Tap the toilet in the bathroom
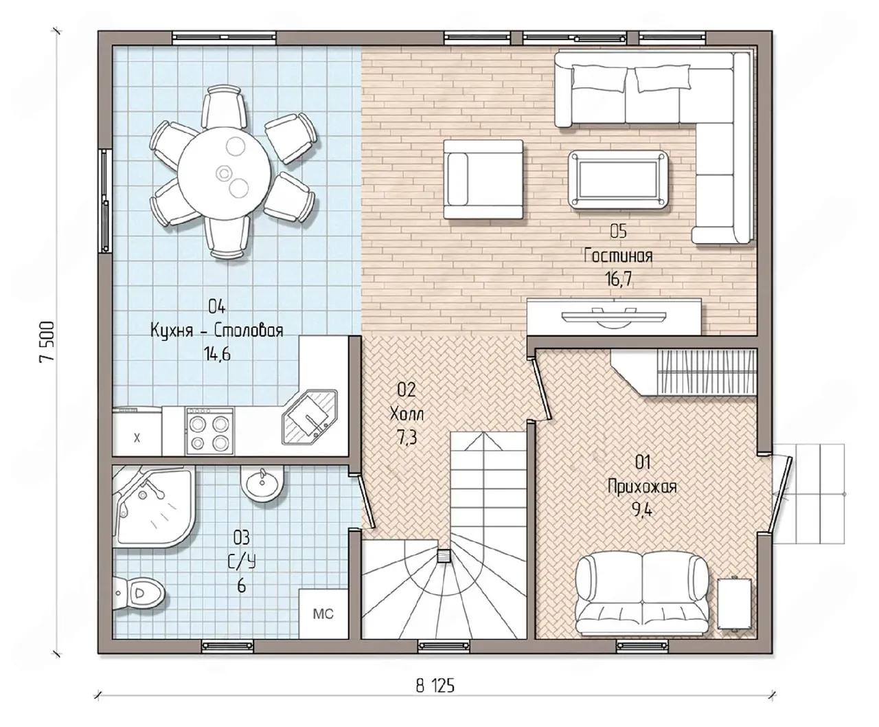coord(138,592)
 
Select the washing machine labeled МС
coord(323,614)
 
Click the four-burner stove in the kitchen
coord(209,430)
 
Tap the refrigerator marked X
coord(137,434)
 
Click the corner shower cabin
coord(153,506)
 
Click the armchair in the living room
coord(483,179)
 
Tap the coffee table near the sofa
coord(617,180)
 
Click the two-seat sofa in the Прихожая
coord(642,595)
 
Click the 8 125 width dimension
coord(435,686)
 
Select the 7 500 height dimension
coord(47,342)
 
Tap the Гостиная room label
coord(618,256)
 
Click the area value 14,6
coord(217,355)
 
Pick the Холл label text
coord(407,414)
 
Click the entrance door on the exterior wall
coord(781,495)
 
